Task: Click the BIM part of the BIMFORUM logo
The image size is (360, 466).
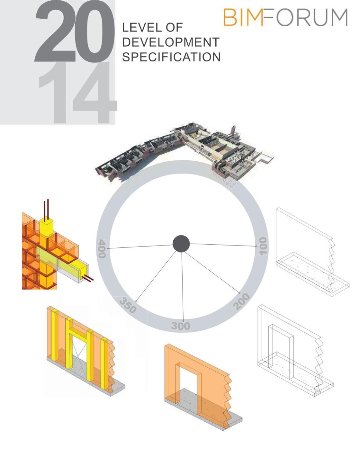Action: (243, 18)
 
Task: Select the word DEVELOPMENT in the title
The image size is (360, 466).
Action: (170, 42)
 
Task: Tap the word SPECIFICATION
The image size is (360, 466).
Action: (171, 57)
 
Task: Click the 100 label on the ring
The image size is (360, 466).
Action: (263, 246)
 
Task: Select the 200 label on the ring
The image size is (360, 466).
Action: (241, 301)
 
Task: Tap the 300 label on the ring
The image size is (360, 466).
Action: (181, 326)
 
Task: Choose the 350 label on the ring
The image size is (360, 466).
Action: (128, 305)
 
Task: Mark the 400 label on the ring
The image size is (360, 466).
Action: (102, 249)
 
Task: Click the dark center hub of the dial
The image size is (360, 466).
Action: (181, 244)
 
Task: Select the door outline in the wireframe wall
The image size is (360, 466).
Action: (281, 349)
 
